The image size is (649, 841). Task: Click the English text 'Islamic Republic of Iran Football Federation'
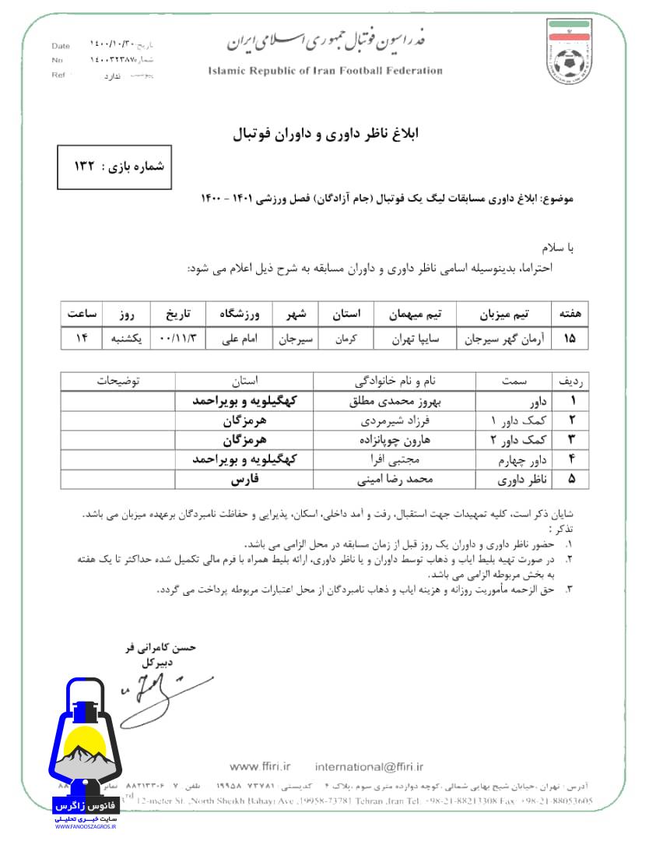pyautogui.click(x=325, y=71)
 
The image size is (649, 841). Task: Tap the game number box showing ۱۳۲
pyautogui.click(x=114, y=166)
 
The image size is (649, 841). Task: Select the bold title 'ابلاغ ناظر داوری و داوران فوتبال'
pyautogui.click(x=325, y=134)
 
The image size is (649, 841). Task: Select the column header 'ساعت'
pyautogui.click(x=80, y=314)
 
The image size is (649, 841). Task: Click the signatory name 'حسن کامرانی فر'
pyautogui.click(x=161, y=648)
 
